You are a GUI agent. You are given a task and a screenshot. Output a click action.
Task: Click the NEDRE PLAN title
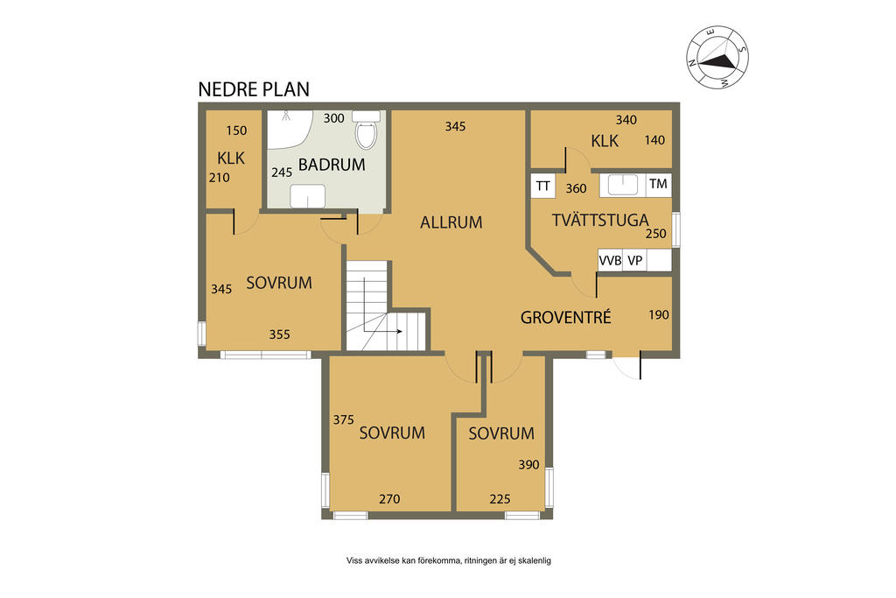pyautogui.click(x=254, y=89)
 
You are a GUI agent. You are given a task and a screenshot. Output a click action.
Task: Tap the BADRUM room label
pyautogui.click(x=332, y=165)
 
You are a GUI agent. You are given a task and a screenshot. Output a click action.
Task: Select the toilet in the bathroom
pyautogui.click(x=366, y=130)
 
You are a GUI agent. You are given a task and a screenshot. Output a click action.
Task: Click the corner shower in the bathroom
pyautogui.click(x=289, y=130)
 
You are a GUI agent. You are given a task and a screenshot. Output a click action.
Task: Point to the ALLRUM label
pyautogui.click(x=451, y=222)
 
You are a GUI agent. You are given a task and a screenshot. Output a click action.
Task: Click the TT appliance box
pyautogui.click(x=542, y=186)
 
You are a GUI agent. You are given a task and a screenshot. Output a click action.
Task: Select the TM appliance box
pyautogui.click(x=658, y=184)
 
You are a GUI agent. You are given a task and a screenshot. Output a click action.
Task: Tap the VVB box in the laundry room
pyautogui.click(x=610, y=261)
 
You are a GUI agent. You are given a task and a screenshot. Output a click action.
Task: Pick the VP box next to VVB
pyautogui.click(x=635, y=261)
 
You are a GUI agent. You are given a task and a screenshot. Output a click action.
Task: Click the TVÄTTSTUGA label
pyautogui.click(x=600, y=220)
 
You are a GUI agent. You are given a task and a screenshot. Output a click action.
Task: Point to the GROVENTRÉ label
pyautogui.click(x=566, y=317)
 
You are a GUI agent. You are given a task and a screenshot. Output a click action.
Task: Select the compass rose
pyautogui.click(x=717, y=58)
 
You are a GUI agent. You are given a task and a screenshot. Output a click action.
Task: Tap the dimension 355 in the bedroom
pyautogui.click(x=279, y=334)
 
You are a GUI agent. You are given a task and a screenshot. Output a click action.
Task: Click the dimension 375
pyautogui.click(x=343, y=420)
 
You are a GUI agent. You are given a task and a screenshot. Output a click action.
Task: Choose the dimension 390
pyautogui.click(x=528, y=465)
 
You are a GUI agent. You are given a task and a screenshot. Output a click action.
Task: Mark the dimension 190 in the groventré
pyautogui.click(x=659, y=314)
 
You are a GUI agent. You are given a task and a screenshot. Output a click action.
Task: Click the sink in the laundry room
pyautogui.click(x=622, y=186)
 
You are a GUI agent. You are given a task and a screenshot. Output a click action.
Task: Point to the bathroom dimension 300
pyautogui.click(x=333, y=118)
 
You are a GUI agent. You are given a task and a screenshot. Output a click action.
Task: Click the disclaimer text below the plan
pyautogui.click(x=449, y=561)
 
